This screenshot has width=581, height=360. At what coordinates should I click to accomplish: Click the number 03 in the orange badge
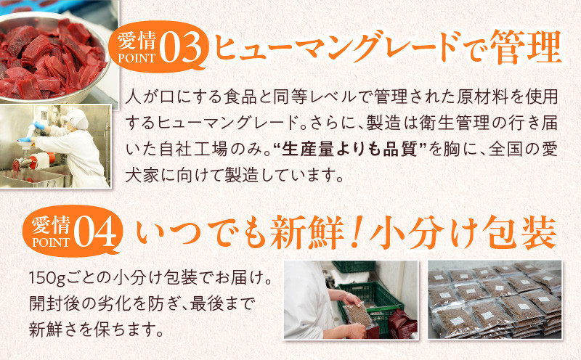pyautogui.click(x=182, y=48)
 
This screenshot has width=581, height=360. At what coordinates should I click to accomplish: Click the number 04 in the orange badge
pyautogui.click(x=96, y=232)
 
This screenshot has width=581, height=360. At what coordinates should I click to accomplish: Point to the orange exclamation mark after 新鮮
pyautogui.click(x=356, y=232)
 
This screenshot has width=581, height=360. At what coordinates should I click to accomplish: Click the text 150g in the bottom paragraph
pyautogui.click(x=46, y=278)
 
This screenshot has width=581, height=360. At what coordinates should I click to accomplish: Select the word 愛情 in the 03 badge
pyautogui.click(x=137, y=41)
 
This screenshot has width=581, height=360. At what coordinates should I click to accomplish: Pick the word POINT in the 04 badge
pyautogui.click(x=51, y=242)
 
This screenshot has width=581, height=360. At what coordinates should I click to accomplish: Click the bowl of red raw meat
pyautogui.click(x=52, y=60)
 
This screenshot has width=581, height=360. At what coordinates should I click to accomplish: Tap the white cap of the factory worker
pyautogui.click(x=76, y=118)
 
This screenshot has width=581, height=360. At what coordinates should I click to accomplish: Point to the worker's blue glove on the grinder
pyautogui.click(x=38, y=125)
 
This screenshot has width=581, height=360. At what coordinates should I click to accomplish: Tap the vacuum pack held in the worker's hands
pyautogui.click(x=358, y=316)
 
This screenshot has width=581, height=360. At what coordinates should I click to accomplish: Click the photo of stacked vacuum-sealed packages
pyautogui.click(x=495, y=300)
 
